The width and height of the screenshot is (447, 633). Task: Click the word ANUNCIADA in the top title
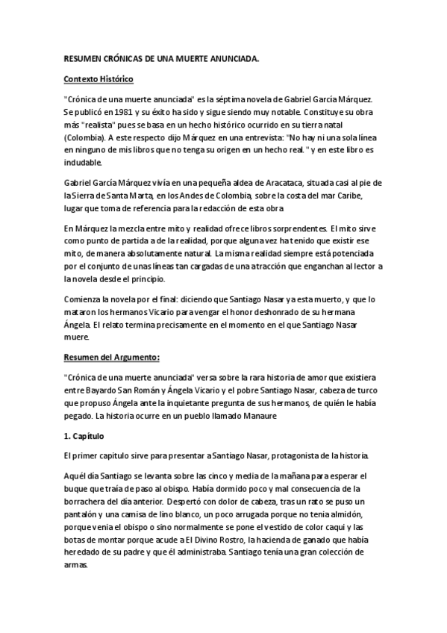[230, 59]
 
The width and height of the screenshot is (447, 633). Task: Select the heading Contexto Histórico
[99, 78]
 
